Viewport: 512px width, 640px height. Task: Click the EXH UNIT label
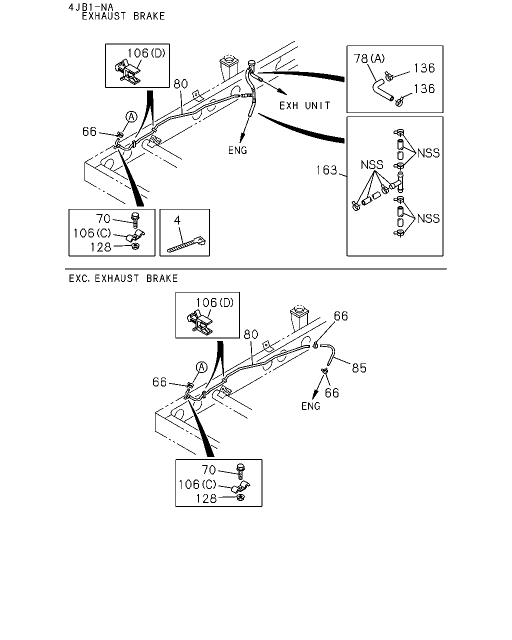click(304, 105)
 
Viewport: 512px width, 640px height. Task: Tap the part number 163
click(326, 170)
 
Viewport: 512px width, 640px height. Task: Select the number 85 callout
click(359, 368)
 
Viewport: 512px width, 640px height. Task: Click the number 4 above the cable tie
click(177, 220)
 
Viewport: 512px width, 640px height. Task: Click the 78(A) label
click(369, 58)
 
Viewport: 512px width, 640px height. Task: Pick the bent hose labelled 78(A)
click(382, 90)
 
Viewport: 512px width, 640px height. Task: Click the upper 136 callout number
click(424, 68)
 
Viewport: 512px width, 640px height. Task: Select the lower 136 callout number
click(424, 88)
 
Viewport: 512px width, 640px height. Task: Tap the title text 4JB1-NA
click(90, 7)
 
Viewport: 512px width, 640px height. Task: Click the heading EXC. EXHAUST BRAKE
click(123, 278)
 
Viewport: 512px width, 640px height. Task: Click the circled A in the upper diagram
click(131, 117)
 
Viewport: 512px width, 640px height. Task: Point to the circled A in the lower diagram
click(201, 367)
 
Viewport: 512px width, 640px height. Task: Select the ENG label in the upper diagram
click(237, 150)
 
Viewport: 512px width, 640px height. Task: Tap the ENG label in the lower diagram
click(310, 406)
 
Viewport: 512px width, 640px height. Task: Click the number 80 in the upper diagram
click(180, 84)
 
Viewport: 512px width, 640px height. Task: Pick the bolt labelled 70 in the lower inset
click(240, 471)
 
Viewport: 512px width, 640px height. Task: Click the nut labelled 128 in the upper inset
click(135, 246)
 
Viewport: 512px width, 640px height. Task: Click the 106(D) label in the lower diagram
click(214, 303)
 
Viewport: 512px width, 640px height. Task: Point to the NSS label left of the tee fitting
click(372, 165)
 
